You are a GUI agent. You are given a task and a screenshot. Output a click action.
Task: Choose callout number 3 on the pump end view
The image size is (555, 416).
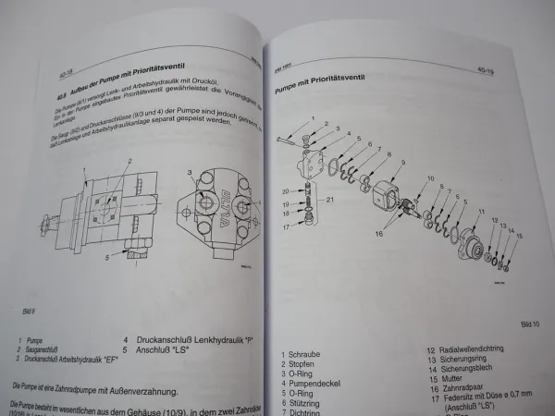pyautogui.click(x=188, y=171)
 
